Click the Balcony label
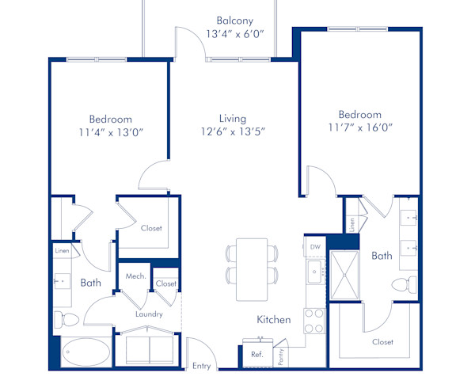click(235, 21)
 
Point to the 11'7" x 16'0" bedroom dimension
click(359, 127)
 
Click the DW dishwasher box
click(314, 247)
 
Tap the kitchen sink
click(314, 274)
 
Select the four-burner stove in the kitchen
click(314, 320)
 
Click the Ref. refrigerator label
click(256, 355)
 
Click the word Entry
click(202, 366)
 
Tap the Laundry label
click(149, 314)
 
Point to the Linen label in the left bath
click(62, 251)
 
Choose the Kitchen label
click(273, 320)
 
